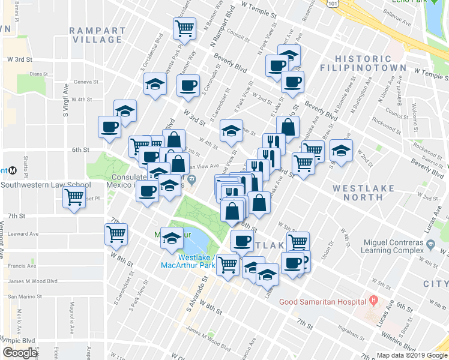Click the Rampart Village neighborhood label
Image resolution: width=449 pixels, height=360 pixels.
point(96,35)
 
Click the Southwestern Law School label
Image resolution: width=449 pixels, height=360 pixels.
point(45,185)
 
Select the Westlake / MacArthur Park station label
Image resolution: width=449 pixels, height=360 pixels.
point(194,262)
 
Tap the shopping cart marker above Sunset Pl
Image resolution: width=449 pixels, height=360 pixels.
point(74,197)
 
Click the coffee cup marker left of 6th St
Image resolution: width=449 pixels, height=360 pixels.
point(110,127)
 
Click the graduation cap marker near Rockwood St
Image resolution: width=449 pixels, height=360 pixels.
point(341,151)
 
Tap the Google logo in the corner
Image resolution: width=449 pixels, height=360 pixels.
point(19,353)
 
